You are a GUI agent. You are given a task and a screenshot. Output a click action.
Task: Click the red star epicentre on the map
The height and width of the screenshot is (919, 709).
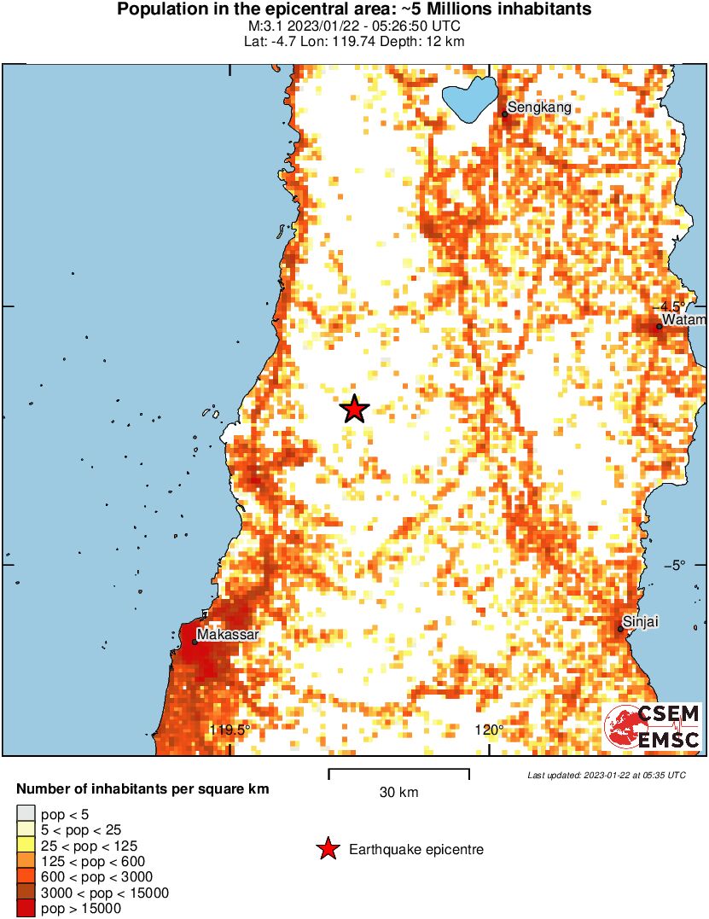pos(354,410)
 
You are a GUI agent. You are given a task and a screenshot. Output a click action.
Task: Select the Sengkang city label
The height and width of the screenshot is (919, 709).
pos(539,108)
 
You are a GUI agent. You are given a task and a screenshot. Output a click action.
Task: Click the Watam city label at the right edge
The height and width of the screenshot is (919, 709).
pos(684,320)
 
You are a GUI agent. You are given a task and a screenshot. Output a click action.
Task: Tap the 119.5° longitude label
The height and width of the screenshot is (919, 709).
pos(230,730)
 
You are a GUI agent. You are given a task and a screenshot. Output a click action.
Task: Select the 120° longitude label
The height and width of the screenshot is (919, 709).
pos(490,730)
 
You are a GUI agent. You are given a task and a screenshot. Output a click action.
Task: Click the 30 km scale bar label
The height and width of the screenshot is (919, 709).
pos(398,792)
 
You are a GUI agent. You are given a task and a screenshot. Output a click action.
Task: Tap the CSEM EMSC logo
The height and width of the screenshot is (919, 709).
pos(653,728)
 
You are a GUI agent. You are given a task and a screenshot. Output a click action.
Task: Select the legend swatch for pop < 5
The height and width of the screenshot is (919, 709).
pos(26,814)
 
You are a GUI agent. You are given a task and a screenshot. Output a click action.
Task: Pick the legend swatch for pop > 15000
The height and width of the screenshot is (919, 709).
pos(26,909)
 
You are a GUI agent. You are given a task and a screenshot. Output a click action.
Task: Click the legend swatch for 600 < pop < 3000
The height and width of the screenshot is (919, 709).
pos(26,877)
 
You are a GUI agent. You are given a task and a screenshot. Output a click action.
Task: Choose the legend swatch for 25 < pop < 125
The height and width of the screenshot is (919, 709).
pos(26,846)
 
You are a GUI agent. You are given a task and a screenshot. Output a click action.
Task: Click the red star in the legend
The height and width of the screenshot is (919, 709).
pos(328,849)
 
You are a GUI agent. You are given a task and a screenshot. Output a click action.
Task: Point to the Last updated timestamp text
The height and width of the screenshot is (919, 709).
pos(606,775)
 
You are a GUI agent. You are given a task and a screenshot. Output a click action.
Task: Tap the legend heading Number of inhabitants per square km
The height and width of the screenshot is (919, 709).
pos(142,789)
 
